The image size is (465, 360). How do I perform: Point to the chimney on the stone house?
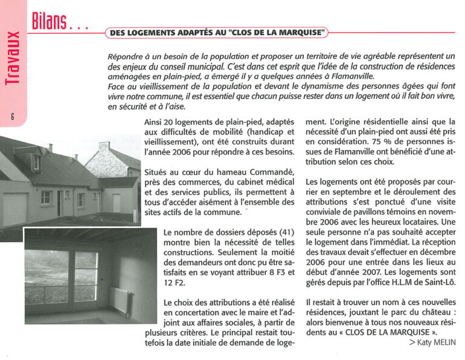[104, 146]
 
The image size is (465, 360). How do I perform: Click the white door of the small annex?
[116, 203]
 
